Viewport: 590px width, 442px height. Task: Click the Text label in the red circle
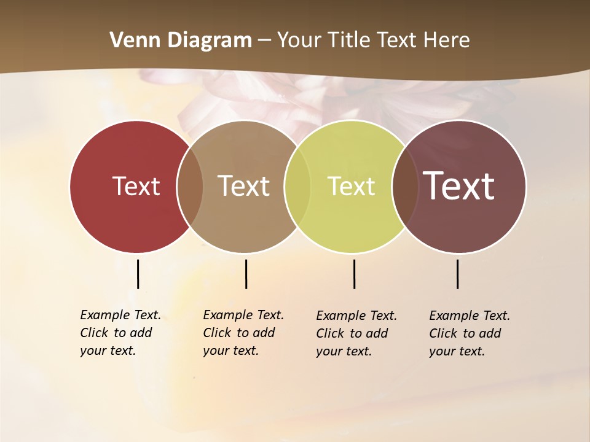coord(136,186)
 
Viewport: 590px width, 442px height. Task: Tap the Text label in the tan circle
coord(244,186)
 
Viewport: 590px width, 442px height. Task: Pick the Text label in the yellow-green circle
coord(351,186)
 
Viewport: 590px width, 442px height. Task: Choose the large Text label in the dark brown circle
coord(459,186)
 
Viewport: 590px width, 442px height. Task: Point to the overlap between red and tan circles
coord(190,186)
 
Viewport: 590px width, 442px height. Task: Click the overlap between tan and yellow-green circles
coord(297,186)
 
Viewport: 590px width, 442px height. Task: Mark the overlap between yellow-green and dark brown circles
coord(404,186)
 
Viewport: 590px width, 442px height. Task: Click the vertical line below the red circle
coord(138,274)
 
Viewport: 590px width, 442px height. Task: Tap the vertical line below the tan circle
coord(246,274)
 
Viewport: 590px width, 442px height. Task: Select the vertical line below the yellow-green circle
coord(354,274)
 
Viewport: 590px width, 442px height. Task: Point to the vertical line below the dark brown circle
coord(457,274)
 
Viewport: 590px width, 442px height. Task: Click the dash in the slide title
coord(264,41)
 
